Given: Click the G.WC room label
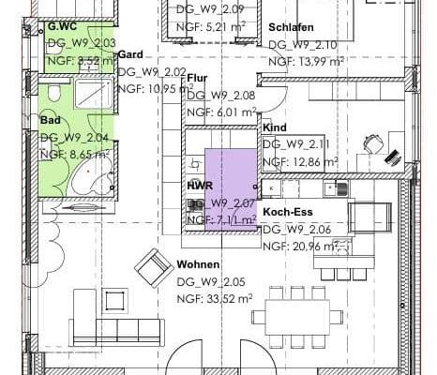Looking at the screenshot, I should [62, 27].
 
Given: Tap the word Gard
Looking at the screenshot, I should [130, 54].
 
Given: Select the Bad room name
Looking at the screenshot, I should [50, 120].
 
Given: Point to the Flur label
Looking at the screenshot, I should [197, 78].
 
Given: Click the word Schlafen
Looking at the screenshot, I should [290, 27].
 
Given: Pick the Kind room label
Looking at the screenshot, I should [274, 127].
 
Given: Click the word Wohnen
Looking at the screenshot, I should [198, 265].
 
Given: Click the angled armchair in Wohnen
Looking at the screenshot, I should [152, 270].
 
